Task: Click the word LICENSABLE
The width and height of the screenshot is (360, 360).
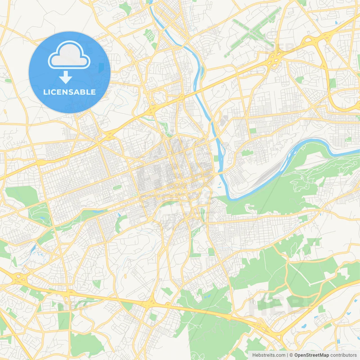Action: click(69, 92)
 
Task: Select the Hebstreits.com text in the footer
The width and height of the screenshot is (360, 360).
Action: click(269, 355)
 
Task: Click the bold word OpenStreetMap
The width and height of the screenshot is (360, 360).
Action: click(311, 355)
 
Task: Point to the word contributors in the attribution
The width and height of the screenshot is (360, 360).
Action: click(343, 355)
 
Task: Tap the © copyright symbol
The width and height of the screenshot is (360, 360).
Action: click(291, 355)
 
